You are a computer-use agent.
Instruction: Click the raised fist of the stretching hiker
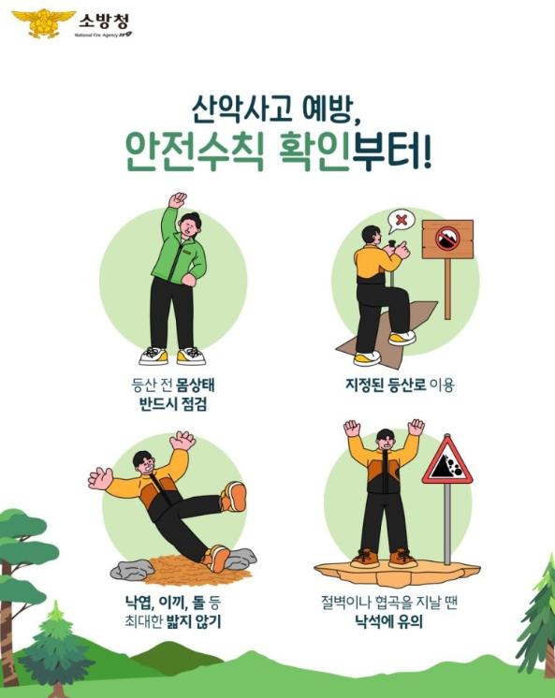coord(176,199)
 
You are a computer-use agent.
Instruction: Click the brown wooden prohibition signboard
coord(446,240)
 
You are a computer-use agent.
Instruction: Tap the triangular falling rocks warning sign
coord(446,462)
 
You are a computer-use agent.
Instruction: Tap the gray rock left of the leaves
coord(130,568)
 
